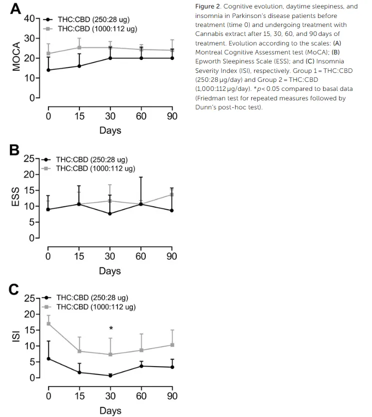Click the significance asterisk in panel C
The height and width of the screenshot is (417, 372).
(x=111, y=329)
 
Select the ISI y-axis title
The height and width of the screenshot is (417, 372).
(x=16, y=338)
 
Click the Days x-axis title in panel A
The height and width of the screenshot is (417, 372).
(x=110, y=131)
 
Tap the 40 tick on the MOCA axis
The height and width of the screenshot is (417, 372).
(x=29, y=18)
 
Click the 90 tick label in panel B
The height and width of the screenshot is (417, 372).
(x=172, y=256)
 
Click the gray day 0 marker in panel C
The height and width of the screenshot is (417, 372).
(x=48, y=324)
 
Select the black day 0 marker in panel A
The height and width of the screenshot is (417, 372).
(x=48, y=70)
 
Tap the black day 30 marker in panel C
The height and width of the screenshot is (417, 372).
(x=110, y=376)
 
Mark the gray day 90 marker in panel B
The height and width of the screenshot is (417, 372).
(x=172, y=194)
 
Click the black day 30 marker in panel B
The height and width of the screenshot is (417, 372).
(x=110, y=214)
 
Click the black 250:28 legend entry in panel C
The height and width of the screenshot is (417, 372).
(x=92, y=298)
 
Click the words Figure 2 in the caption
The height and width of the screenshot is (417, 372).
(x=210, y=6)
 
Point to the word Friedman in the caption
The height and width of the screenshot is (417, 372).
(x=212, y=98)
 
